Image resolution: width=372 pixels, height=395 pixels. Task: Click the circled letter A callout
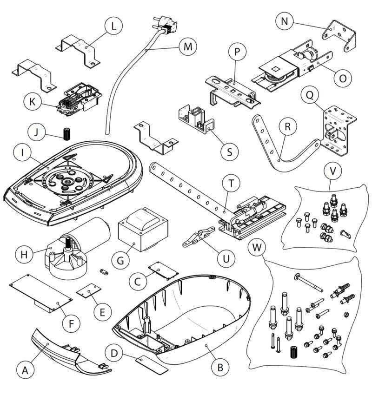25,370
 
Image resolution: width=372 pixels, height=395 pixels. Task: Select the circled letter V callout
332,171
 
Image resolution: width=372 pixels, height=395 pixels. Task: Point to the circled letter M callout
187,47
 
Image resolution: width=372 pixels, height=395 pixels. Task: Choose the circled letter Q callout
308,96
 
